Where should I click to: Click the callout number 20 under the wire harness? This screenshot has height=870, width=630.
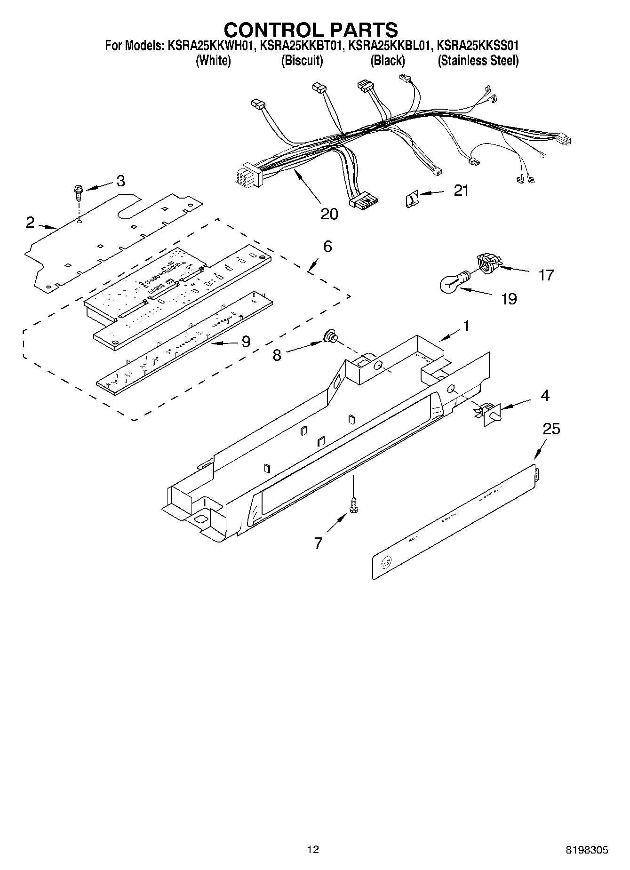[329, 214]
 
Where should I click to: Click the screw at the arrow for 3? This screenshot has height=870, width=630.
[78, 193]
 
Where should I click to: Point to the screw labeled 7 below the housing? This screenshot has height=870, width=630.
[353, 506]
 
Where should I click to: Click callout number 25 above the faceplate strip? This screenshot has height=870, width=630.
[551, 429]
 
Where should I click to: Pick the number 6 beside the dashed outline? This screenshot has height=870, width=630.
[327, 246]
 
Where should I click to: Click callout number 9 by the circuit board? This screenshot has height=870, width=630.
[246, 342]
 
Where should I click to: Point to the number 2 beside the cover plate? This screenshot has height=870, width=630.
[30, 222]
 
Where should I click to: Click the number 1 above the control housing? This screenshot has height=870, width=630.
[466, 326]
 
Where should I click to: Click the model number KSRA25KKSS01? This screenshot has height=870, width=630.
[478, 46]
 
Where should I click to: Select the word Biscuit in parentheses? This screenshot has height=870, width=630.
[302, 61]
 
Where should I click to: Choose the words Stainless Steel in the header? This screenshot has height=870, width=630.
[478, 61]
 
